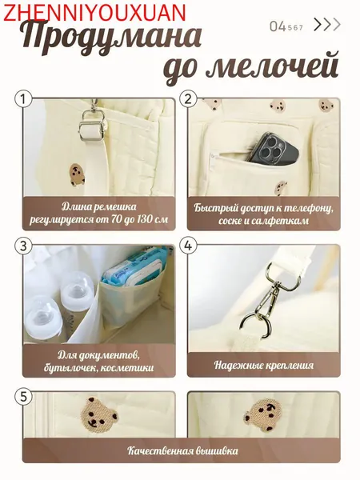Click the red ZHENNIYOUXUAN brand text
coord(94,12)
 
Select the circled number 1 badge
coord(23,99)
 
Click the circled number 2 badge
coord(188,99)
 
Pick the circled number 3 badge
coord(23,246)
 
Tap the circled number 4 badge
coord(188,246)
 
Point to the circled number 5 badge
coord(23,397)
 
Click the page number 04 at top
coord(278,26)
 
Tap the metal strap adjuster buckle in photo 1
coord(94,126)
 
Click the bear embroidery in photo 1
coord(77,174)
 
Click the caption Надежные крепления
coord(264,365)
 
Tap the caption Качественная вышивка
coord(182,450)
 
